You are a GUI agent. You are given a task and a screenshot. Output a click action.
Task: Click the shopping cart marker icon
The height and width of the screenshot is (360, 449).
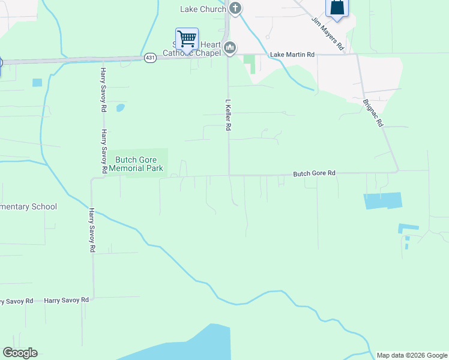(x=187, y=39)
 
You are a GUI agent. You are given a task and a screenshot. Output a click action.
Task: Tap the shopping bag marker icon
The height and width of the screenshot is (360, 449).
(x=337, y=8)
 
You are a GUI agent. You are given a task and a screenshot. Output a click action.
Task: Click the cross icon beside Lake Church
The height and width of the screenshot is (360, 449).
(x=235, y=8)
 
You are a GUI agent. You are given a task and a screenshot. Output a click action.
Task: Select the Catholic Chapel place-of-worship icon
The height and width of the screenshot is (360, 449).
(x=229, y=48)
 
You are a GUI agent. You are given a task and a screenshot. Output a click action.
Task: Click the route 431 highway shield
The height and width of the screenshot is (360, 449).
(x=150, y=58)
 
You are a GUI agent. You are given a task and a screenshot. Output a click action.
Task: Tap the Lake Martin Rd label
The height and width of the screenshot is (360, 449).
(x=292, y=55)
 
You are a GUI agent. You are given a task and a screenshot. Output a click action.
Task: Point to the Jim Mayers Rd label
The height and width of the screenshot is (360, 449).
(x=327, y=32)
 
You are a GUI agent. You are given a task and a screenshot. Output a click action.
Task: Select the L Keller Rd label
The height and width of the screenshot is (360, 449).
(x=228, y=115)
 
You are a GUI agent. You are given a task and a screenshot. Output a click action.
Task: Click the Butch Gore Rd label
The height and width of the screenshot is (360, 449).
(x=314, y=173)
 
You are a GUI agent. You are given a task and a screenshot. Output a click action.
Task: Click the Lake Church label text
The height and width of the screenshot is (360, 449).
(x=203, y=9)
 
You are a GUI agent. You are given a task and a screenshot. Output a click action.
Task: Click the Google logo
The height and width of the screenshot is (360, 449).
(x=20, y=353)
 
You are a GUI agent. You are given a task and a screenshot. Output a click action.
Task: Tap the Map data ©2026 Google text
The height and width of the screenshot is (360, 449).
(x=412, y=355)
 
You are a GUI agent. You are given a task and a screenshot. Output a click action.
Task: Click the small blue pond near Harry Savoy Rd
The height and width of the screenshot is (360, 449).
(x=120, y=108)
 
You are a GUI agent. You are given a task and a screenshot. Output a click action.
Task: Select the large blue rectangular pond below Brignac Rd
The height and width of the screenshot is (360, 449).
(x=382, y=200)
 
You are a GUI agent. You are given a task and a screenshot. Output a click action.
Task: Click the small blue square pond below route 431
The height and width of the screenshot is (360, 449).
(x=37, y=82)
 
